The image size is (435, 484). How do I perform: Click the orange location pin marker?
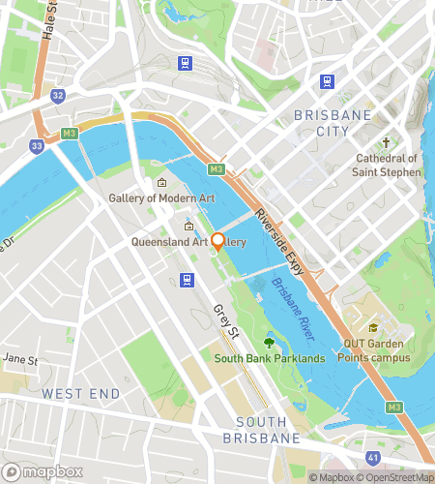click(x=217, y=241)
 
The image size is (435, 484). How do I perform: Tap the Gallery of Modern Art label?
click(x=161, y=198)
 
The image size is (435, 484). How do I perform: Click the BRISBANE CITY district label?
click(x=332, y=123)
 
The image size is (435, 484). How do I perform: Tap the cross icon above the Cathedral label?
click(x=387, y=140)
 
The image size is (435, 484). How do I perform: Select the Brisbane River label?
click(x=294, y=309)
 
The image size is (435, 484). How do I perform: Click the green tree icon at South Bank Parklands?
click(x=269, y=341)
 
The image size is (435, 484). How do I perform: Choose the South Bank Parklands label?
click(x=270, y=358)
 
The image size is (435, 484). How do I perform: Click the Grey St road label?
click(x=226, y=323)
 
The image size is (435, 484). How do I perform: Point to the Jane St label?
click(x=18, y=359)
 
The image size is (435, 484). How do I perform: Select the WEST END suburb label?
click(x=80, y=394)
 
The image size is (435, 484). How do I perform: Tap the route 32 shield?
click(x=58, y=95)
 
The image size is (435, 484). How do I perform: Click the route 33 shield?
click(x=37, y=145)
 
